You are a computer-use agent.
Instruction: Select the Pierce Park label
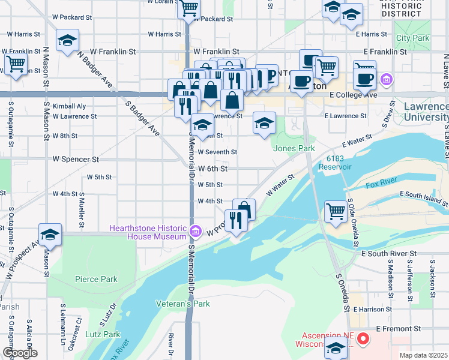pyautogui.click(x=96, y=279)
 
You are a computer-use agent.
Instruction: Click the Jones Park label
pyautogui.click(x=294, y=148)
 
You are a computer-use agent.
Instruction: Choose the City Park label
pyautogui.click(x=412, y=38)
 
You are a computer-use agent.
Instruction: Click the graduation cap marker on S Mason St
pyautogui.click(x=50, y=235)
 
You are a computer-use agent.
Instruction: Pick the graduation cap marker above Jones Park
pyautogui.click(x=263, y=124)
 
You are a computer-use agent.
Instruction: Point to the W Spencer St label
pyautogui.click(x=76, y=160)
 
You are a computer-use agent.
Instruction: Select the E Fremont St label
pyautogui.click(x=399, y=329)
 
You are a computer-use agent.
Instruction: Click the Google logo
pyautogui.click(x=20, y=352)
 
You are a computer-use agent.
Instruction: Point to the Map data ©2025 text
pyautogui.click(x=423, y=355)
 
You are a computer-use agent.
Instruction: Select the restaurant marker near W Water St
pyautogui.click(x=235, y=221)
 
